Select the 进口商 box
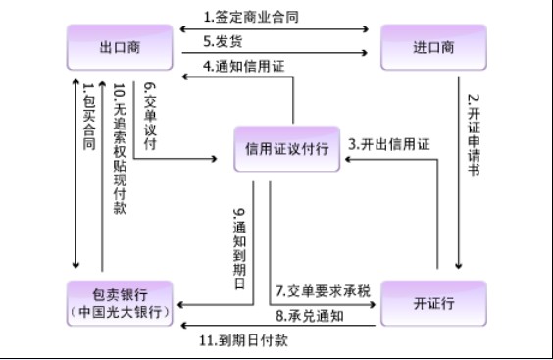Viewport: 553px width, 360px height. coord(432,46)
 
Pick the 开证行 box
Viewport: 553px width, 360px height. coord(432,304)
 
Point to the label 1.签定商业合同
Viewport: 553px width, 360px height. coord(251,17)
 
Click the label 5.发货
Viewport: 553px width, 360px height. coord(223,41)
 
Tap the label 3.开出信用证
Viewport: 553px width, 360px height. coord(389,144)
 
